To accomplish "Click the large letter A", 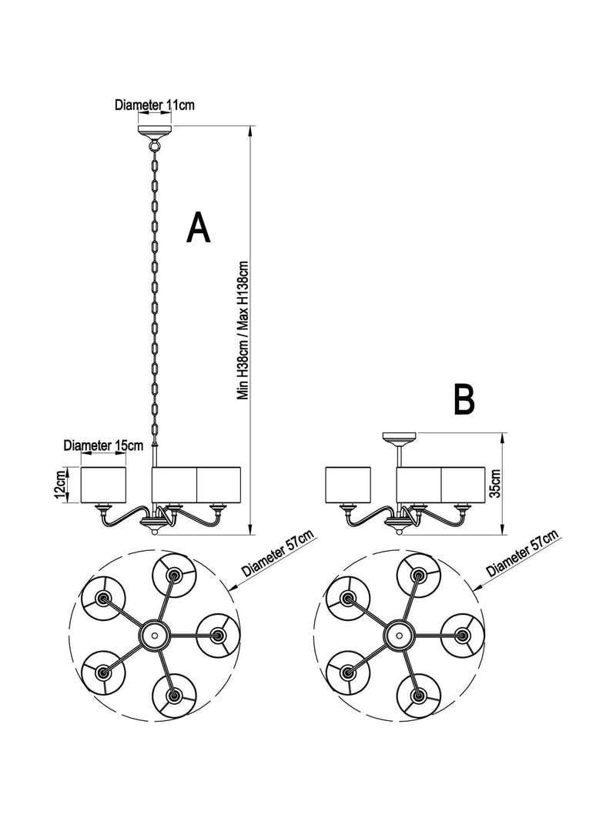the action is tap(198, 228).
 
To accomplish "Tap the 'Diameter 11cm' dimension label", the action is tap(155, 105).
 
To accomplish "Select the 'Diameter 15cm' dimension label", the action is tap(103, 446).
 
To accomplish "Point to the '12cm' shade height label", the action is tap(62, 484).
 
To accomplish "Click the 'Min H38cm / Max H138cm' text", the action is tap(244, 331).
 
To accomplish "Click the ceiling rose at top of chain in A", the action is tap(155, 130).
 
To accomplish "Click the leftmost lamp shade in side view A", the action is tap(104, 485).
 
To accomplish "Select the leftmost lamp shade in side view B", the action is tap(348, 486).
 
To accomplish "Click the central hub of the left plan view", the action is tap(155, 635).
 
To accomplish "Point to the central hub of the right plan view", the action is tap(400, 635).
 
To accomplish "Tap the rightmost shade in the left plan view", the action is tap(217, 635).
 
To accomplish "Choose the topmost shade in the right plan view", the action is tap(418, 576).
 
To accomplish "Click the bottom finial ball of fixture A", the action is tap(155, 532).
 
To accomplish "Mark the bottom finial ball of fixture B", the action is tap(399, 532).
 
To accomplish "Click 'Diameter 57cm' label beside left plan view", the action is tap(278, 553).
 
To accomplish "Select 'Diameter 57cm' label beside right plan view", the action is tap(522, 553).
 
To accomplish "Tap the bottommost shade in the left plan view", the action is tap(175, 696).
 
